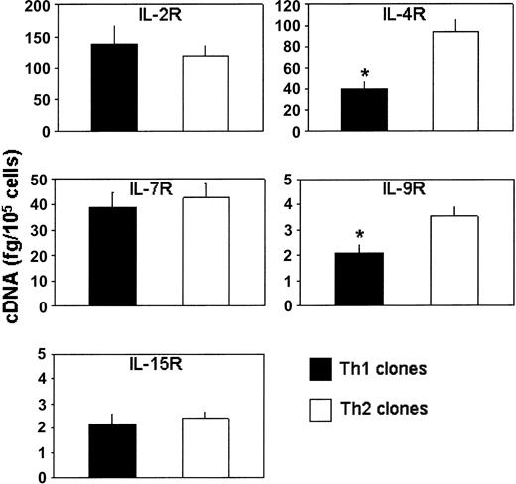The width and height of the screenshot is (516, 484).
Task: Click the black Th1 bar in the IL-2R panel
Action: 115,87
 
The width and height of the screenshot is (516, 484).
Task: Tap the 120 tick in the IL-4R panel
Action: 294,8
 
